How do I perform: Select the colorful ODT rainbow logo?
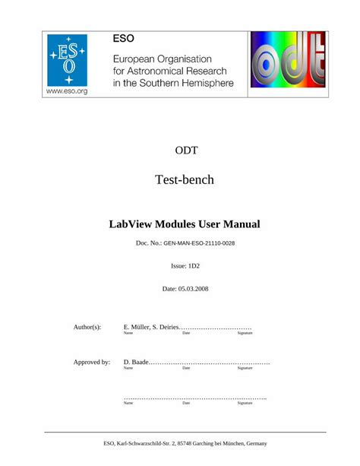point(283,63)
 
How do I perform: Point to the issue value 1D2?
point(194,267)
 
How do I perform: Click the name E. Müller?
point(137,327)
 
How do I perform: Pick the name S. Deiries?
point(166,327)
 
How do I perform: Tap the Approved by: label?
point(91,362)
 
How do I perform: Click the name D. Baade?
point(135,362)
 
